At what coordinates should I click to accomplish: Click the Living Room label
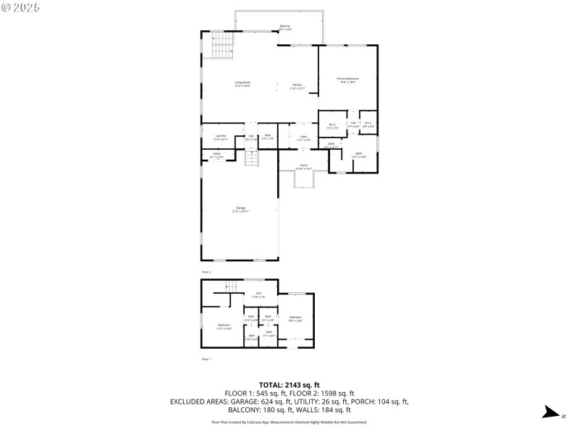coord(242,84)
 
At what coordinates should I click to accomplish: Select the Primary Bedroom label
coord(348,80)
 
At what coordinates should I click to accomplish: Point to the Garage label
coord(240,209)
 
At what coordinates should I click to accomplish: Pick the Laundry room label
coord(221,137)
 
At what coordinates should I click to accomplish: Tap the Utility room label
coord(216,155)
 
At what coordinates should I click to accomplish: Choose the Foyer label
coord(304,137)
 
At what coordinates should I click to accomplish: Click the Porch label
coord(304,166)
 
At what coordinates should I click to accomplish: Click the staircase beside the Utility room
coord(252,158)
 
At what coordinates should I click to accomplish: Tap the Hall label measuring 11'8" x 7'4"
coord(258,294)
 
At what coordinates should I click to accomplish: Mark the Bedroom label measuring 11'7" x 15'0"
coord(224,326)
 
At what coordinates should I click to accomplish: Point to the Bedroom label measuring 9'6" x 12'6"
coord(295,318)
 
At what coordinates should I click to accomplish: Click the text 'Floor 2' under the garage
coord(206,271)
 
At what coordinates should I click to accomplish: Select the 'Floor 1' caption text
coord(206,359)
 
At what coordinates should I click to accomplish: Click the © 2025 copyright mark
coord(22,7)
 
